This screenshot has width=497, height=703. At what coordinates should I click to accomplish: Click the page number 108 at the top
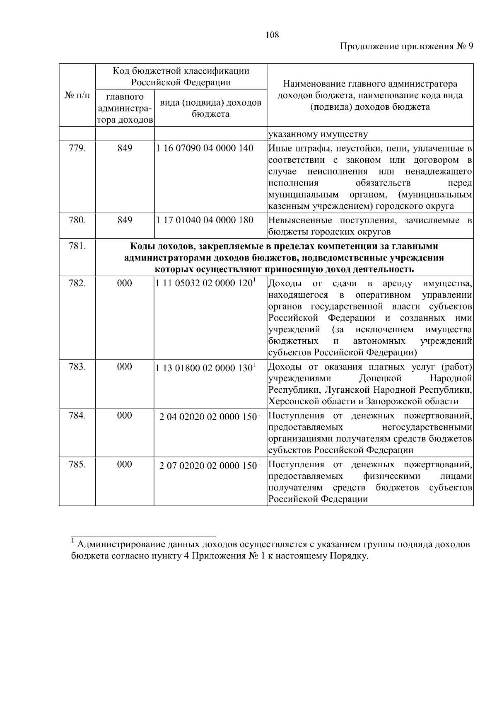(x=272, y=35)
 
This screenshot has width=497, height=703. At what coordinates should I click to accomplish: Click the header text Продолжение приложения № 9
(x=406, y=46)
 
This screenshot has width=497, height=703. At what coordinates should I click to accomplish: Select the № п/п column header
(x=77, y=95)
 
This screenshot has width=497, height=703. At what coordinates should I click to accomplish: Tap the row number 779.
(x=77, y=148)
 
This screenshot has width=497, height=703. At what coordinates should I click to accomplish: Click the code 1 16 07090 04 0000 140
(x=205, y=148)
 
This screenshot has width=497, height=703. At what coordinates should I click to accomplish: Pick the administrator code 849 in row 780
(x=124, y=220)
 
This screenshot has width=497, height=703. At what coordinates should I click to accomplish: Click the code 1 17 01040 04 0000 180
(x=205, y=220)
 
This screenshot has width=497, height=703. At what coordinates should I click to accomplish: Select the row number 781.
(x=77, y=246)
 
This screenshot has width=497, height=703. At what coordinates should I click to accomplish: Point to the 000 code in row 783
(x=124, y=367)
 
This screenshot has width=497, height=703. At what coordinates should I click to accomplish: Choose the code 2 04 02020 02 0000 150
(x=208, y=417)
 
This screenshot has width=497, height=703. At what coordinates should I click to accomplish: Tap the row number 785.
(x=77, y=464)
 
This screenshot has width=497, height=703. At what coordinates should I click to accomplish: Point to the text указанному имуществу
(x=318, y=134)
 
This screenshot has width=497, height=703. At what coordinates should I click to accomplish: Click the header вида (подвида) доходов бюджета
(x=210, y=108)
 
